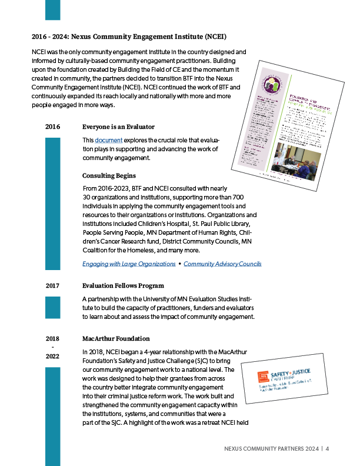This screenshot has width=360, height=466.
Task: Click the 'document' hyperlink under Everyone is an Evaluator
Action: tap(109, 140)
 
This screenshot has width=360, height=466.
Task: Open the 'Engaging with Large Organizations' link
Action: tap(129, 264)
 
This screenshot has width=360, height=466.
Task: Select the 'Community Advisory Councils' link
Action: tap(222, 264)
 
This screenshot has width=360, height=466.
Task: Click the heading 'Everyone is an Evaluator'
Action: tap(118, 127)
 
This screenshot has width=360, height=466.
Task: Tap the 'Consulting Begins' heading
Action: tap(109, 176)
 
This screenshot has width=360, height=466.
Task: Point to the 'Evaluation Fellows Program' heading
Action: tap(123, 286)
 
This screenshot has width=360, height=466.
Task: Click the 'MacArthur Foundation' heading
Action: tap(116, 339)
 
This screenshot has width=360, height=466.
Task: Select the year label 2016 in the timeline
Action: tap(53, 127)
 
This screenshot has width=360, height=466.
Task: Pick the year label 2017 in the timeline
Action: tap(53, 286)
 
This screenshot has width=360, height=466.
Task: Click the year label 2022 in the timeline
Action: tap(53, 357)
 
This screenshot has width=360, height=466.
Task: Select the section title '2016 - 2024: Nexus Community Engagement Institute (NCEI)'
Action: tap(129, 36)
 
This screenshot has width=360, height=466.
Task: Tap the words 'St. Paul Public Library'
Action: tap(220, 224)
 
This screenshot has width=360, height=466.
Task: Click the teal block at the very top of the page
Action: tap(53, 10)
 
